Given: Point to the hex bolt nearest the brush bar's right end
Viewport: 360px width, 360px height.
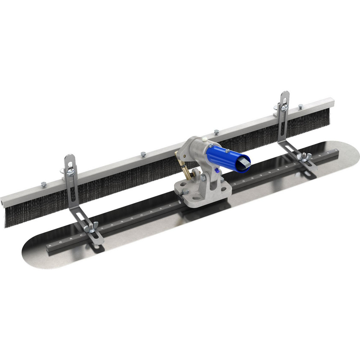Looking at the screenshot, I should click(x=301, y=106).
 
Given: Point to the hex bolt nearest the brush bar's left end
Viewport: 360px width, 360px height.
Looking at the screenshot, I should click(x=44, y=184).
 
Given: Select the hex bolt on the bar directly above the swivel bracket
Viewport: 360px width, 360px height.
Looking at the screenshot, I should click(x=216, y=132).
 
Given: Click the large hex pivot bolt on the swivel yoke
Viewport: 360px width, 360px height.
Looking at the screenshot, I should click(x=204, y=177).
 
